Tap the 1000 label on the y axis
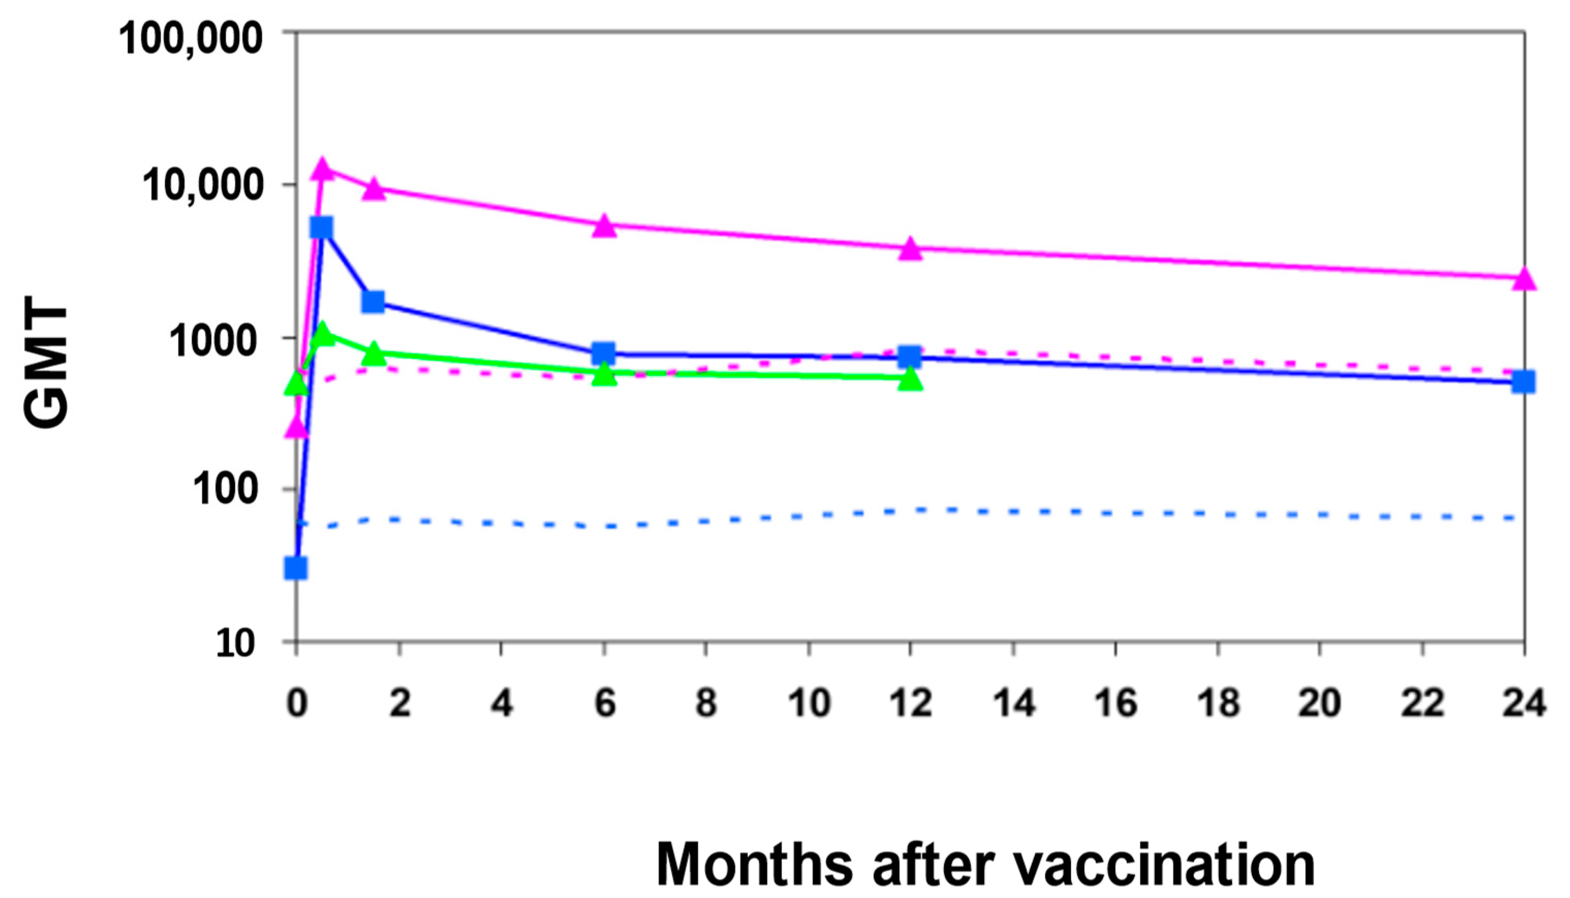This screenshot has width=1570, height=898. (x=213, y=340)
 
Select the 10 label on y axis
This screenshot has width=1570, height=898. (x=235, y=644)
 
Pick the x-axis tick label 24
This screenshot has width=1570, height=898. (x=1524, y=703)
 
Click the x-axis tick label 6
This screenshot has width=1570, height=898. (x=605, y=703)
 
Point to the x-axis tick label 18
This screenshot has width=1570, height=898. (x=1218, y=703)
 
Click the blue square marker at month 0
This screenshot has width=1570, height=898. (x=296, y=568)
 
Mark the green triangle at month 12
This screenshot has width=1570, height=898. (x=910, y=380)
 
